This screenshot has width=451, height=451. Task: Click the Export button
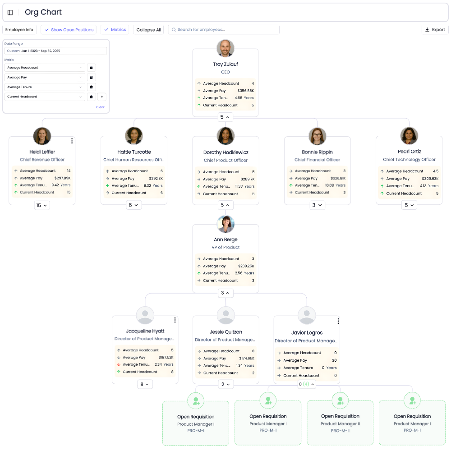[435, 30]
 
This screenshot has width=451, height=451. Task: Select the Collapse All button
[148, 30]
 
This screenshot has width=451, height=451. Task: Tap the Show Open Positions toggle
[69, 30]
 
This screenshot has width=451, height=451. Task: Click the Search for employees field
[224, 30]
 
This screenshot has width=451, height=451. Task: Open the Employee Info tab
[19, 30]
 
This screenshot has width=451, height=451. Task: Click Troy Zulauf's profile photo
[225, 48]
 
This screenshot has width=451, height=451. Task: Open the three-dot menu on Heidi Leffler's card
[72, 141]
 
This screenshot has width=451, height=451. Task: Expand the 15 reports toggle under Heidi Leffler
[42, 206]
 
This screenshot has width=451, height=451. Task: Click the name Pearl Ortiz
[409, 152]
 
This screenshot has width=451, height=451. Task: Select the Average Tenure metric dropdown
[45, 87]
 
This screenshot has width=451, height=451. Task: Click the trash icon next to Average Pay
[91, 78]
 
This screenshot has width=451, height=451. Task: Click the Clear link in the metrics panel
[100, 107]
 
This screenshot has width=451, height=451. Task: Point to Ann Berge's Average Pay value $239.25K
[246, 266]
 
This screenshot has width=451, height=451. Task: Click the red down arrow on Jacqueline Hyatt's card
[119, 364]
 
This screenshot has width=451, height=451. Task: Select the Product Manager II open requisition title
[340, 424]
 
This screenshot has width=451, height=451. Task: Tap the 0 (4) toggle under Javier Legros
[307, 385]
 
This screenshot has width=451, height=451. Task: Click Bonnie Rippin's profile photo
[317, 136]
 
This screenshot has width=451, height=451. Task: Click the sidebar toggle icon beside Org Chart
[10, 13]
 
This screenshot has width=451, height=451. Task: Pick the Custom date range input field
[55, 51]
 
